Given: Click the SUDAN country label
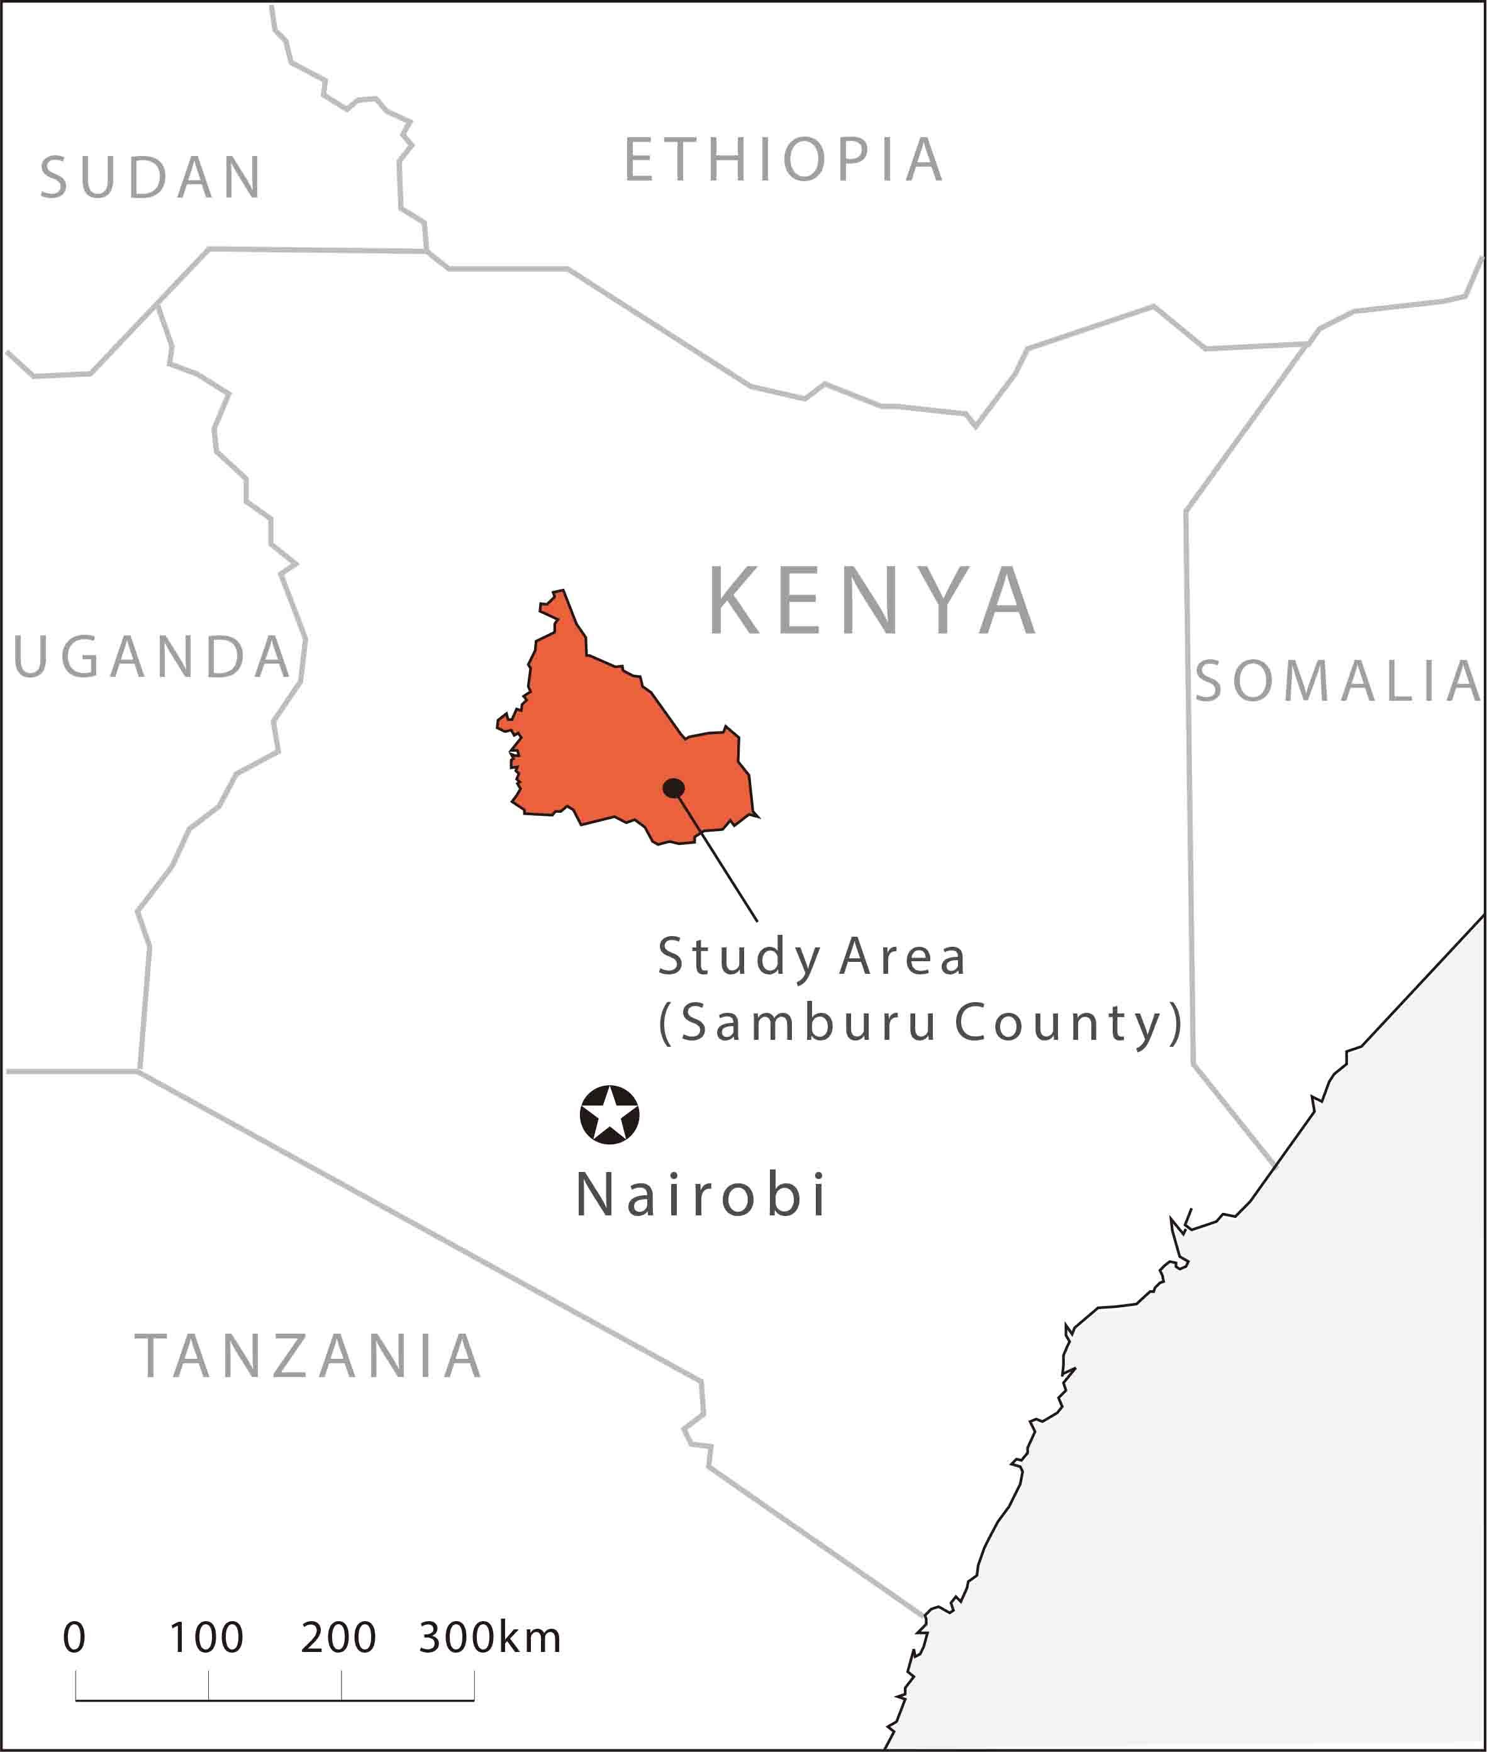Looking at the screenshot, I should click(x=151, y=178).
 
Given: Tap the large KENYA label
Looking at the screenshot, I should click(x=872, y=602).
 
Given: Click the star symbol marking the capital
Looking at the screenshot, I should click(x=610, y=1115).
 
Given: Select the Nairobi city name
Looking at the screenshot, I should click(x=701, y=1195).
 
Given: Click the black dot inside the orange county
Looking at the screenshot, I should click(x=674, y=788).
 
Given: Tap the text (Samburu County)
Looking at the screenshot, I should click(x=920, y=1023).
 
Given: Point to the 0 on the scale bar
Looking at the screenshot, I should click(x=74, y=1638).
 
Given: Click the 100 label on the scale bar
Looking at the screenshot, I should click(x=206, y=1638).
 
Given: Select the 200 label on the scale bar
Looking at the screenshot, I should click(x=338, y=1638).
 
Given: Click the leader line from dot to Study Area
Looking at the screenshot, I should click(x=716, y=856).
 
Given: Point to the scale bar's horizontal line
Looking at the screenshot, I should click(x=275, y=1700).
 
